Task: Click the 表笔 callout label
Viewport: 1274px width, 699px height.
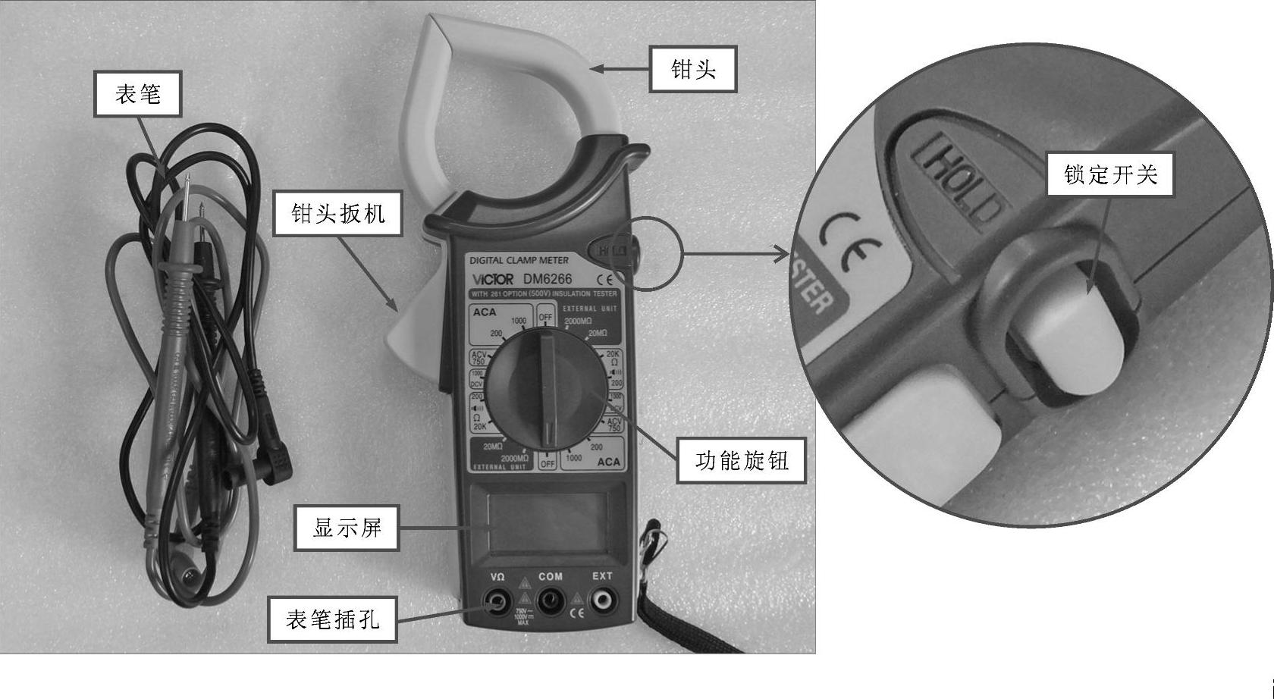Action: (137, 94)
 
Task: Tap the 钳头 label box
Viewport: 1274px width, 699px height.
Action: (693, 70)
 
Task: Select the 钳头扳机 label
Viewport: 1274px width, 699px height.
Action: (337, 214)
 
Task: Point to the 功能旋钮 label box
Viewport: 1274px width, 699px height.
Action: (742, 460)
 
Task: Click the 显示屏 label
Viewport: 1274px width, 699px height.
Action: (347, 528)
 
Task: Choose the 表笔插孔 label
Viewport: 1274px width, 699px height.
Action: (332, 619)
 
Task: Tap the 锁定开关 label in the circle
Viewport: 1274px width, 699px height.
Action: (1110, 175)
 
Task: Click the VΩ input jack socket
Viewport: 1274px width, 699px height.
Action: (497, 603)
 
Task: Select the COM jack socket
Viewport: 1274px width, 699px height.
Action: (549, 603)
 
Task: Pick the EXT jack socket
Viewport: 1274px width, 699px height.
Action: (602, 602)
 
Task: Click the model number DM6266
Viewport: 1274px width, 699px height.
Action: (547, 279)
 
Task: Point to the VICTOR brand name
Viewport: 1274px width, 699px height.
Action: (492, 279)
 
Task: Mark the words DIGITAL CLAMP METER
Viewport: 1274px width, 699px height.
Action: (519, 260)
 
